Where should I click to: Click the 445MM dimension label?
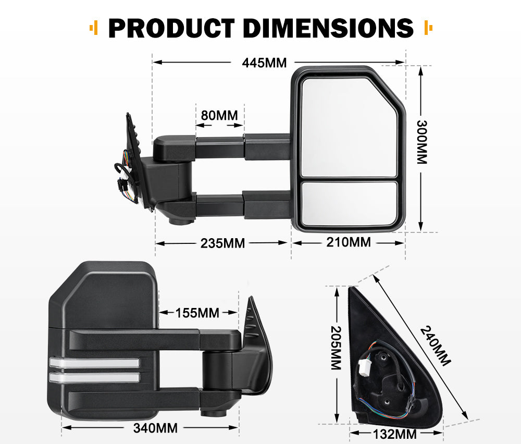tap(264, 63)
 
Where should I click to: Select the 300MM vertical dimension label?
tap(421, 142)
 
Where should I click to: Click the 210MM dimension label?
tap(349, 242)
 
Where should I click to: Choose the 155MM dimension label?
tap(197, 313)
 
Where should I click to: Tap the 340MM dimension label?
tap(155, 428)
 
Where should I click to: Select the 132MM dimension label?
tap(395, 434)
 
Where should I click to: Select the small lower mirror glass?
tap(349, 204)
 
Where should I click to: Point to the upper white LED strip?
tap(95, 363)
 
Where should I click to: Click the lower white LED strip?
tap(95, 377)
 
